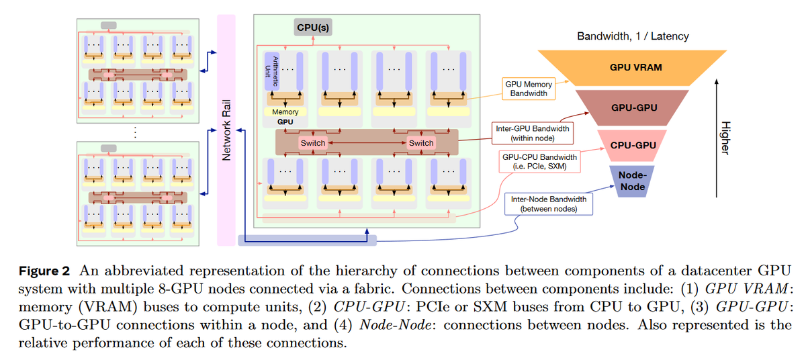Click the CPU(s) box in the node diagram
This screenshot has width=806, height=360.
coord(313,27)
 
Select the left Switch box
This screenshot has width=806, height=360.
coord(312,143)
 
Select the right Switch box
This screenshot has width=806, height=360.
coord(421,143)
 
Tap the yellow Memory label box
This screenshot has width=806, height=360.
coord(285,111)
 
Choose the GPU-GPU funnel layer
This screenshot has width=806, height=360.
coord(635,107)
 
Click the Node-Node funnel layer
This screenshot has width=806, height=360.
coord(632,181)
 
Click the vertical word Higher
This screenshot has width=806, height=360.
coord(724,138)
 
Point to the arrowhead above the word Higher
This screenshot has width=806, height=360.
coord(717,81)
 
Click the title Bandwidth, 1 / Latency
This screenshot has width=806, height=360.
coord(633,36)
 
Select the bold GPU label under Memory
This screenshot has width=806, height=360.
coord(285,123)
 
